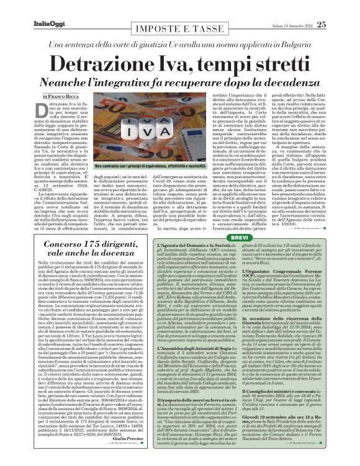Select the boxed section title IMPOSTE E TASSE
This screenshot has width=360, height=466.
click(180, 29)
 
